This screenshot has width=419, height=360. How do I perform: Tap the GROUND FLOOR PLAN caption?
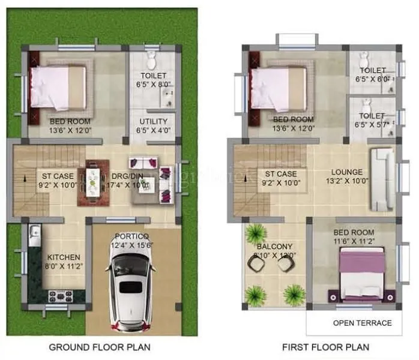pyautogui.click(x=100, y=347)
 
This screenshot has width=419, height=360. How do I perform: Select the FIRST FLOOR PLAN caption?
pyautogui.click(x=326, y=347)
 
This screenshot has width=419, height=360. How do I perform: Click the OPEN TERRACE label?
pyautogui.click(x=362, y=323)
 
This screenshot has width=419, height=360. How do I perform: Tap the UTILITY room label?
pyautogui.click(x=152, y=120)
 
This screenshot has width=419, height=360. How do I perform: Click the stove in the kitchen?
pyautogui.click(x=60, y=295)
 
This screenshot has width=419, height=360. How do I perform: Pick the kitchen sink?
pyautogui.click(x=34, y=232)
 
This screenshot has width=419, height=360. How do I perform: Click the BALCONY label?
pyautogui.click(x=274, y=246)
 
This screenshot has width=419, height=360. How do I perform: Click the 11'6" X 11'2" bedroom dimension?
pyautogui.click(x=354, y=241)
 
